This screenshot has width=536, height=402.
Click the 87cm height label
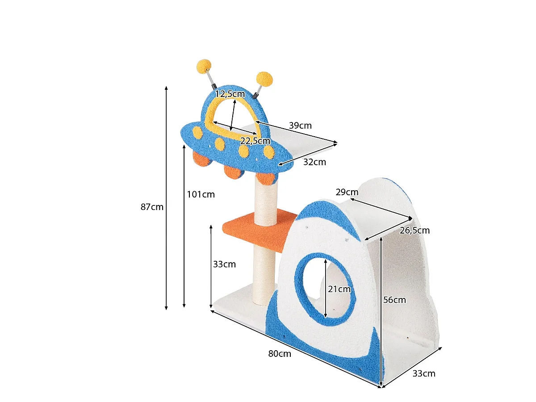(x=151, y=207)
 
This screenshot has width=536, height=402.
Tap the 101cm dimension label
(x=201, y=195)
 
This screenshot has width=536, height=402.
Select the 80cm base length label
(x=279, y=354)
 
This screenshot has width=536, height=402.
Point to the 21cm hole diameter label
(x=339, y=289)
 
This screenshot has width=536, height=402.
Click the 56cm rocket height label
(x=394, y=300)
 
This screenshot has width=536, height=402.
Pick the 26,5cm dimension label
(x=415, y=230)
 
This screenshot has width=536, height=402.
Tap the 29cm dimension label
(x=347, y=193)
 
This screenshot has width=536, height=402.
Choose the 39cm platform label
(x=300, y=126)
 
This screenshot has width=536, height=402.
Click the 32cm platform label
(x=314, y=162)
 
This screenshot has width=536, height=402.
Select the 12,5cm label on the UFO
(x=230, y=94)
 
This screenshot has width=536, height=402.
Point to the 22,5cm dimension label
(x=255, y=141)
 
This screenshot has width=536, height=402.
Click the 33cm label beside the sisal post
(x=224, y=264)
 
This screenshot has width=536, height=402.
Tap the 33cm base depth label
(x=424, y=374)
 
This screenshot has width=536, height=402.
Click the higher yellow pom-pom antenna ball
(x=204, y=66)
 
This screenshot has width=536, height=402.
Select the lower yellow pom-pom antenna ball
(x=264, y=79)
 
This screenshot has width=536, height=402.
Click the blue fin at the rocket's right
(x=377, y=358)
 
